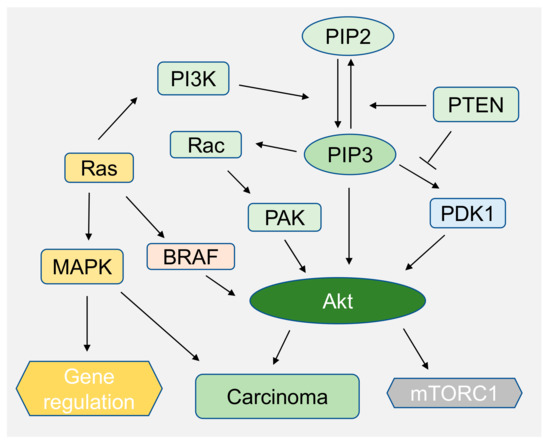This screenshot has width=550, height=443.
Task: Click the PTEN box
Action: coord(475,103)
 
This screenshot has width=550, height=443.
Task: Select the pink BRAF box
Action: coord(190,256)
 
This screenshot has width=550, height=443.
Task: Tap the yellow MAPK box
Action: coord(83,265)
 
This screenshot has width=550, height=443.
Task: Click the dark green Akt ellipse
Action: coord(339,297)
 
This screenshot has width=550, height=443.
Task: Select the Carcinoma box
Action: coord(276,396)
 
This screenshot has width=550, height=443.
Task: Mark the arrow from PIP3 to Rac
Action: coord(277,150)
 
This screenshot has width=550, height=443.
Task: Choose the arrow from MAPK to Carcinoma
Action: coord(160,322)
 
